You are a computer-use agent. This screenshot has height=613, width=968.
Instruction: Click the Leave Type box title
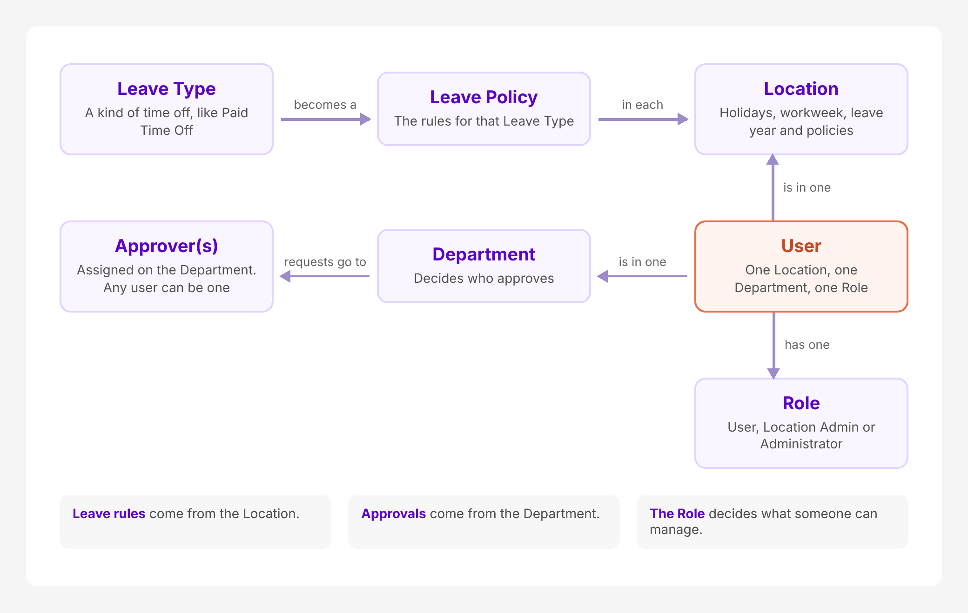(x=167, y=89)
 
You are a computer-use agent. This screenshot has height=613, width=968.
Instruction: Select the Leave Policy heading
(x=484, y=97)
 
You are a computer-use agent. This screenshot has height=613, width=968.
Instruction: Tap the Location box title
(x=801, y=89)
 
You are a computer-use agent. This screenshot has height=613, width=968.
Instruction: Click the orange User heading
(x=801, y=246)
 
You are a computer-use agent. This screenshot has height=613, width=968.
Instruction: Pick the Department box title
(x=484, y=254)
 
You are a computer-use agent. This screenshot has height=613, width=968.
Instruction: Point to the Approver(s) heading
(x=167, y=246)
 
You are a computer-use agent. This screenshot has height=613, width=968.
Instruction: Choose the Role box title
(x=801, y=403)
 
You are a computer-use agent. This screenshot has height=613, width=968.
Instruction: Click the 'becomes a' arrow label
(x=325, y=105)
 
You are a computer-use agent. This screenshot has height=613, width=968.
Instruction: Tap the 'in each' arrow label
(x=642, y=105)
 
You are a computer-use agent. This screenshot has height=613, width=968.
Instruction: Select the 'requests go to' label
(x=325, y=262)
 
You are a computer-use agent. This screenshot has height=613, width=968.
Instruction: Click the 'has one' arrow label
(x=807, y=345)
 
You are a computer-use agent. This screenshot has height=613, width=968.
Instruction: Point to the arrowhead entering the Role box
(x=773, y=373)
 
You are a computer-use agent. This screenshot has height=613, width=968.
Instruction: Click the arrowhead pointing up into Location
(x=773, y=160)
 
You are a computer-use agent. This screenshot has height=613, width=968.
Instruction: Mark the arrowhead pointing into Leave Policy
(x=366, y=120)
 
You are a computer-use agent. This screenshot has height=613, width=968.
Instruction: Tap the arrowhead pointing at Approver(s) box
(x=285, y=276)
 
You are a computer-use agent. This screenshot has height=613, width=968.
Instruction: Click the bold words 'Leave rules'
(x=109, y=513)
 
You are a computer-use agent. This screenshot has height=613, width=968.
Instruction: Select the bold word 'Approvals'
(x=393, y=513)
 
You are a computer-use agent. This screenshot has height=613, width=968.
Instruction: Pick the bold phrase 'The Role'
(x=677, y=513)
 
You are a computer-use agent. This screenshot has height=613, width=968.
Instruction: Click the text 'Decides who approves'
(x=484, y=278)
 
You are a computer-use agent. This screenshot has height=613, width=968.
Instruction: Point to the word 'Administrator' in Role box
(x=801, y=444)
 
